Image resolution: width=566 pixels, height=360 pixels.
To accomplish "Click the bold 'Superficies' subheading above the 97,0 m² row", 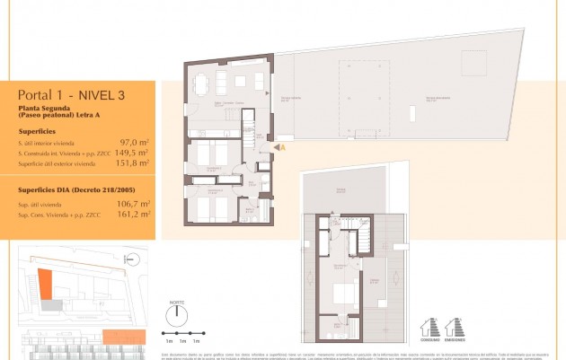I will (x=37, y=130).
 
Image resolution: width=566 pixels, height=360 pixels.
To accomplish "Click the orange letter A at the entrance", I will (x=282, y=146).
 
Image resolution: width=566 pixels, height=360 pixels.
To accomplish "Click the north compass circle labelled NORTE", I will (x=176, y=318).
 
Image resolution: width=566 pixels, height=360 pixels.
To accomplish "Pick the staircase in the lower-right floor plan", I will (x=367, y=239).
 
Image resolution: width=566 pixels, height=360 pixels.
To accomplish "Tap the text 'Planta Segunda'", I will (x=40, y=109).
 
